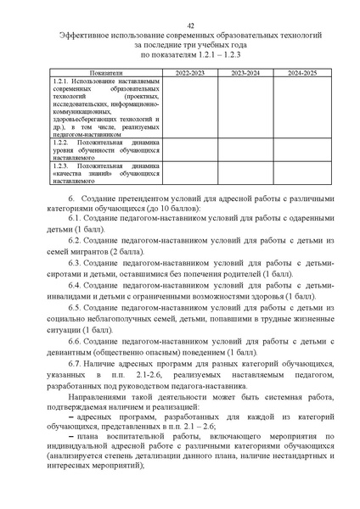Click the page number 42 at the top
click(x=180, y=25)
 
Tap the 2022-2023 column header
click(x=188, y=74)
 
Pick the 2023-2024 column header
click(x=245, y=74)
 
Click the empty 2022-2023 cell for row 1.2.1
click(x=188, y=107)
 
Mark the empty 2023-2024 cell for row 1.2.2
click(x=245, y=149)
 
